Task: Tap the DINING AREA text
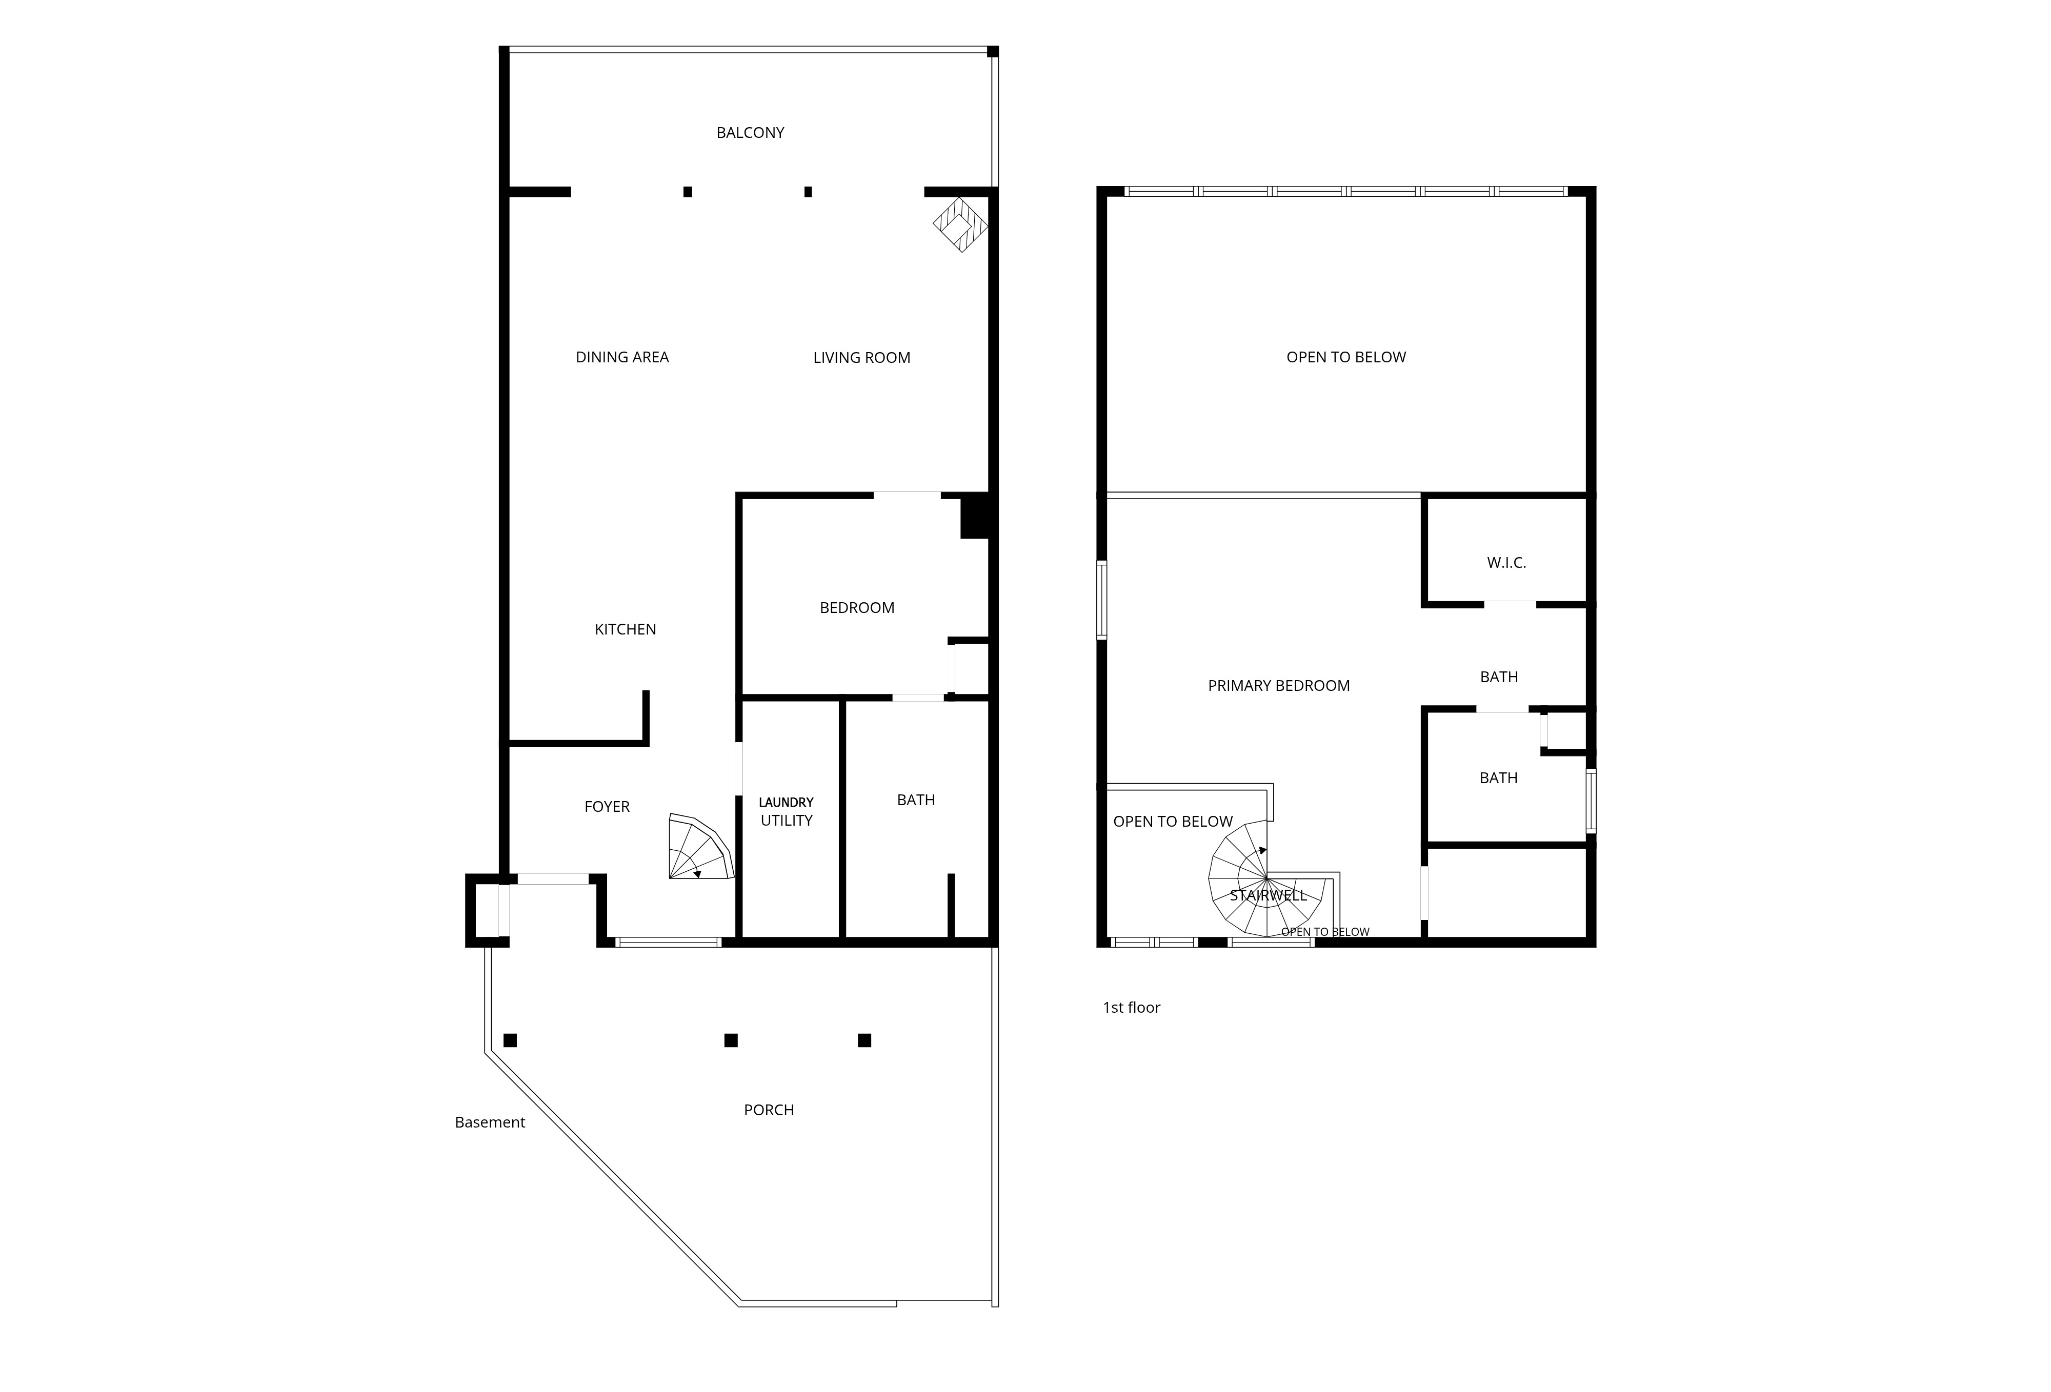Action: pyautogui.click(x=622, y=357)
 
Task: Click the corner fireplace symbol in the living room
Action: pyautogui.click(x=961, y=224)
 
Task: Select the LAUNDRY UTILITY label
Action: pyautogui.click(x=787, y=811)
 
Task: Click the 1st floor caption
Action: pyautogui.click(x=1132, y=1008)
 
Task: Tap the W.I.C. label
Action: pyautogui.click(x=1506, y=563)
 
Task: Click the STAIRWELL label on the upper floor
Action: pyautogui.click(x=1268, y=895)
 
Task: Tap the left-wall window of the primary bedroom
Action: pyautogui.click(x=1102, y=600)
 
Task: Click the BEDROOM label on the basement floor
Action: pyautogui.click(x=857, y=608)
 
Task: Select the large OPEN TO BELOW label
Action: pyautogui.click(x=1346, y=357)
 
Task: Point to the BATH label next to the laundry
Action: pyautogui.click(x=916, y=800)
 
